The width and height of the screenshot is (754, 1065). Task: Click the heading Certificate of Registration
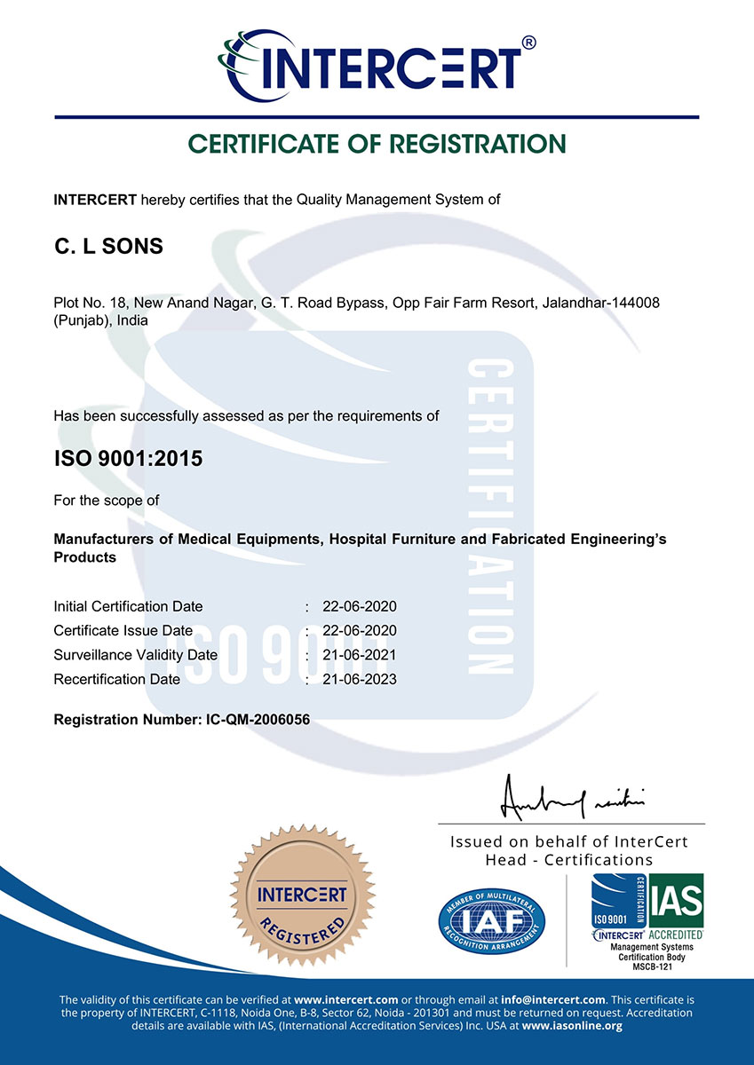coord(377,144)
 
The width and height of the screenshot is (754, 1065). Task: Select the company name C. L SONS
coord(109,247)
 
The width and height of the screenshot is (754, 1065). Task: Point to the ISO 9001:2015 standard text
coord(128,459)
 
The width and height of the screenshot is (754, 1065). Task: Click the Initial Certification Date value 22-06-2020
coord(360,607)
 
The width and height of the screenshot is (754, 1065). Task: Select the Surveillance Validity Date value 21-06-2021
coord(360,655)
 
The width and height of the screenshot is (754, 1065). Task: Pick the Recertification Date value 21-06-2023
coord(360,679)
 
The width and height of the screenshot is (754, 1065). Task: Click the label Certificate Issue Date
coord(123,631)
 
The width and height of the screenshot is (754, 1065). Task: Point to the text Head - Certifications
coord(568,860)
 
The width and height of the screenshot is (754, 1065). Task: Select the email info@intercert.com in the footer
coord(555,999)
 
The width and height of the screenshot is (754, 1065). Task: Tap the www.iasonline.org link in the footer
coord(572,1026)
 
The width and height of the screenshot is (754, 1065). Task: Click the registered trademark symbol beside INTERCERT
coord(528,42)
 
